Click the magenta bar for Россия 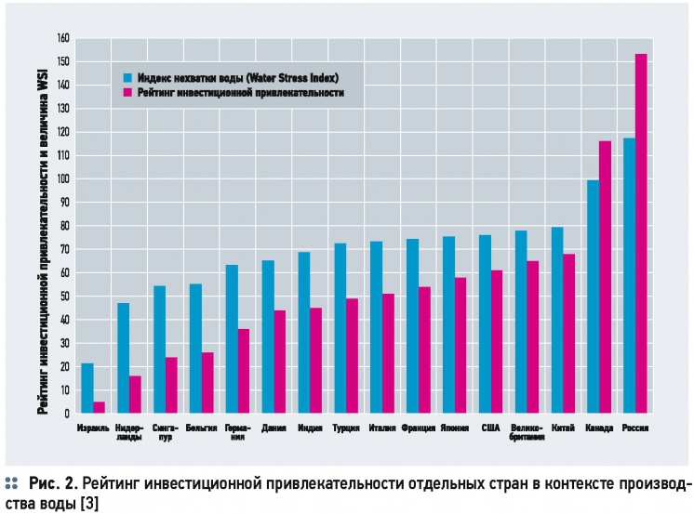coord(641,233)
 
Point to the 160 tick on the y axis coord(63,39)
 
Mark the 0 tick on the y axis coord(66,414)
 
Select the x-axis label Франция coord(418,428)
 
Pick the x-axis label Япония coord(455,428)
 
